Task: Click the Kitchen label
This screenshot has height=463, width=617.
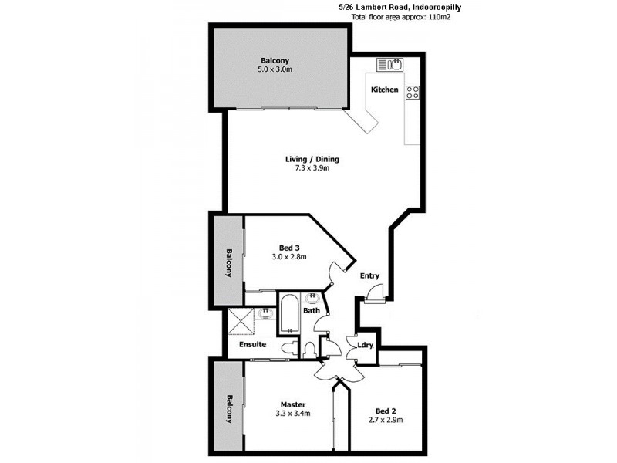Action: click(x=385, y=90)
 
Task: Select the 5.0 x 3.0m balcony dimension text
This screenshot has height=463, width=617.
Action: click(x=275, y=69)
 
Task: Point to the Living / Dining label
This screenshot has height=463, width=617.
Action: click(x=312, y=160)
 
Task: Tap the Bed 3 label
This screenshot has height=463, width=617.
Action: click(x=290, y=248)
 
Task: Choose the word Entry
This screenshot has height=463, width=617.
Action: click(x=370, y=276)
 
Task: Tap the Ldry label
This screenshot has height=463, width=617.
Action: click(x=366, y=345)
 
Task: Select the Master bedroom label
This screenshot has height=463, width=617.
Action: click(x=293, y=404)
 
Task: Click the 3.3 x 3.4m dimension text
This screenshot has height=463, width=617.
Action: click(x=293, y=414)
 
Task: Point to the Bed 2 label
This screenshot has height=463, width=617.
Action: click(x=386, y=411)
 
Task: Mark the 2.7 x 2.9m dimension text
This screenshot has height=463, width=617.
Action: click(x=386, y=420)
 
